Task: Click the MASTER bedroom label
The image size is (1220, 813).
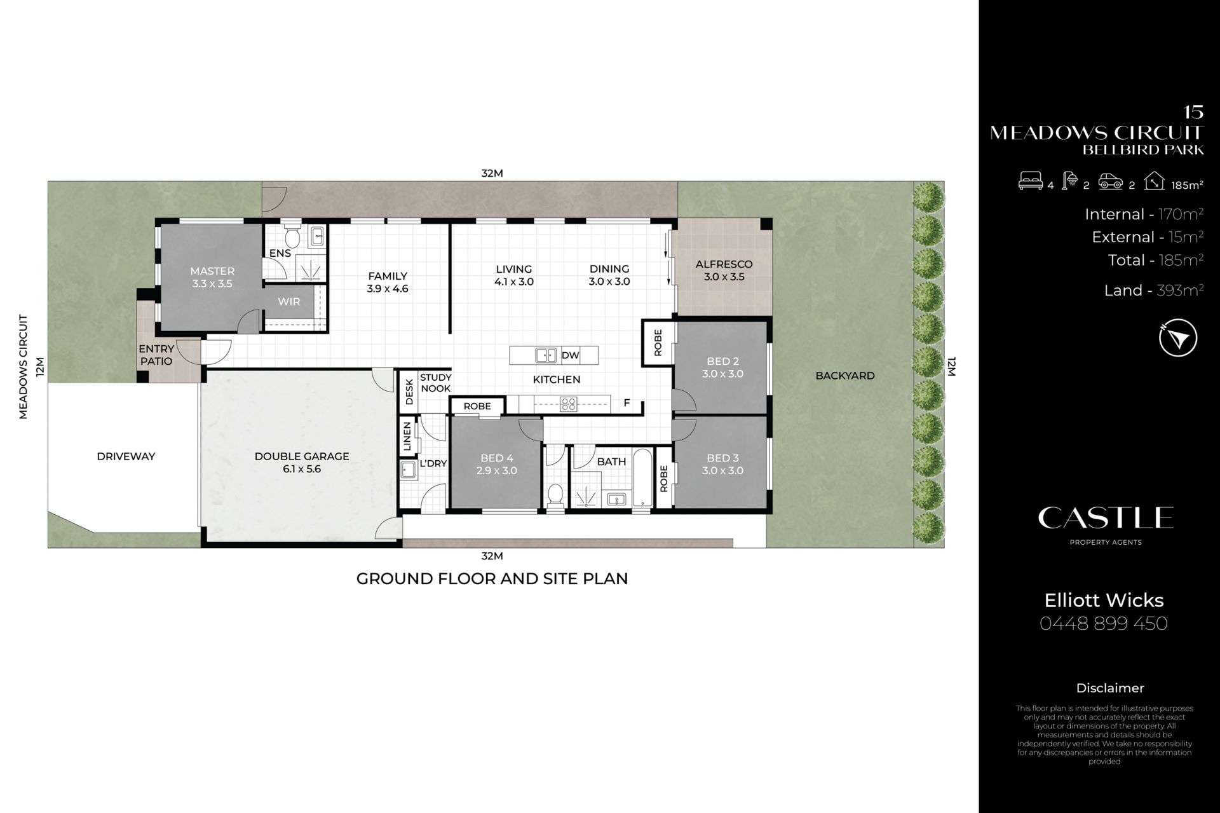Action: tap(212, 271)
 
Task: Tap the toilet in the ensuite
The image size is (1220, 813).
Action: tap(293, 236)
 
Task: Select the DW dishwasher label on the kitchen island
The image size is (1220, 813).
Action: tap(570, 355)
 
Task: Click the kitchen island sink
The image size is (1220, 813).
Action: tap(546, 355)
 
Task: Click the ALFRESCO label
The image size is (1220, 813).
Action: tap(724, 264)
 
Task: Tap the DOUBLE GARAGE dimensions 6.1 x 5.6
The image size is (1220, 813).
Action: tap(301, 470)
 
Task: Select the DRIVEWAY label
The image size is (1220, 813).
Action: tap(126, 456)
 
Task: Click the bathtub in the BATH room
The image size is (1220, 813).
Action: tap(642, 478)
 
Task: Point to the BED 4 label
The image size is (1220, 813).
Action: tap(497, 458)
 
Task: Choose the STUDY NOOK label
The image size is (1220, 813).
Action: tap(435, 383)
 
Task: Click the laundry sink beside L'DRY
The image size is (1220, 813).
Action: tap(408, 469)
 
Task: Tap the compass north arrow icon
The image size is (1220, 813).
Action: tap(1178, 338)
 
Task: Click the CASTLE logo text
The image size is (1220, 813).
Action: tap(1106, 518)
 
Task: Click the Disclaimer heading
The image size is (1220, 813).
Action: tap(1110, 688)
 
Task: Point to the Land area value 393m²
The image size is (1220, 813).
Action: tap(1180, 290)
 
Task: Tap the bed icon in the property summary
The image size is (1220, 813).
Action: tap(1030, 182)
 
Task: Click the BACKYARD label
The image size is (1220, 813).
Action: tap(845, 376)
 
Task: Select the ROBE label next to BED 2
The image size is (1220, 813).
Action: tap(658, 343)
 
